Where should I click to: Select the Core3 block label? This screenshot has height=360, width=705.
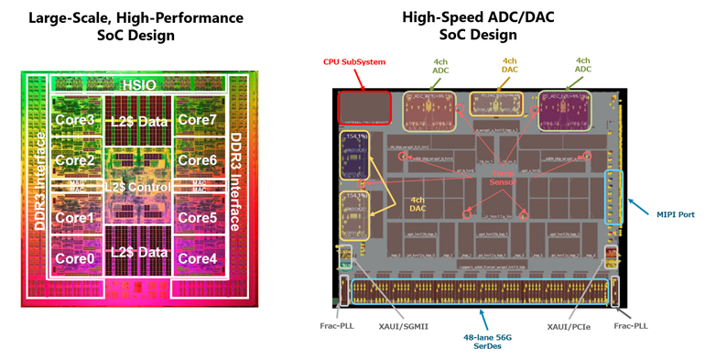pos(74,120)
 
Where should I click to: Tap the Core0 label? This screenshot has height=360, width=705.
pos(74,258)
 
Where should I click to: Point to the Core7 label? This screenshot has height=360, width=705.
pos(197,120)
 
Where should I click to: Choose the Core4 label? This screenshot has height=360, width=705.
pos(197,258)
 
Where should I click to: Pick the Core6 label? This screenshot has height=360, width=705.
pos(197,160)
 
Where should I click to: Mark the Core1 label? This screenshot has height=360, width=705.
pos(74,218)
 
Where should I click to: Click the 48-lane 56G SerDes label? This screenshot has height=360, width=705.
pos(481,341)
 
